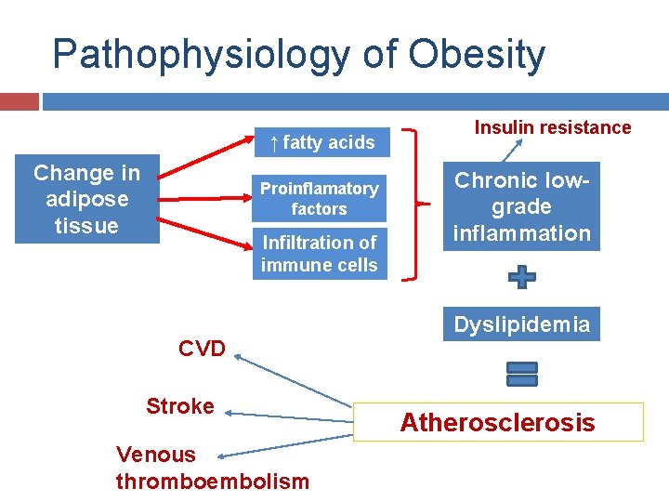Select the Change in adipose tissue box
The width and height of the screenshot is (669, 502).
pyautogui.click(x=86, y=199)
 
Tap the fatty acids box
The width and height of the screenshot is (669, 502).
pyautogui.click(x=321, y=142)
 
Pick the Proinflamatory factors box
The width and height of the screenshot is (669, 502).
pyautogui.click(x=319, y=199)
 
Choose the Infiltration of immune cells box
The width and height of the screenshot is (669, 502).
pyautogui.click(x=319, y=254)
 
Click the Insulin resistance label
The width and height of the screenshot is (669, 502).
pyautogui.click(x=552, y=127)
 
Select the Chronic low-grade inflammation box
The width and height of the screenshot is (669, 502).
pyautogui.click(x=521, y=207)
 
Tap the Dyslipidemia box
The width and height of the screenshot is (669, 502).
pyautogui.click(x=521, y=324)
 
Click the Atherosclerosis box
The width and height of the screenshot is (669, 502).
pyautogui.click(x=497, y=422)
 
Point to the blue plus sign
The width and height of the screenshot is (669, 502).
pyautogui.click(x=522, y=276)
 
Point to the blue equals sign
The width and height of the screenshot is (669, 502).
pyautogui.click(x=522, y=373)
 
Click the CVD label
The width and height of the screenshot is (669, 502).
pyautogui.click(x=202, y=349)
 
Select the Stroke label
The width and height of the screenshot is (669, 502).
pyautogui.click(x=179, y=406)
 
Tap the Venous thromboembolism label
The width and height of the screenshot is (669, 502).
pyautogui.click(x=212, y=468)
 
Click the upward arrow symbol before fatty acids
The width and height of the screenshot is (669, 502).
pyautogui.click(x=273, y=142)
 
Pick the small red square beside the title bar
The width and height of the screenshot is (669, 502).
pyautogui.click(x=20, y=100)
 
